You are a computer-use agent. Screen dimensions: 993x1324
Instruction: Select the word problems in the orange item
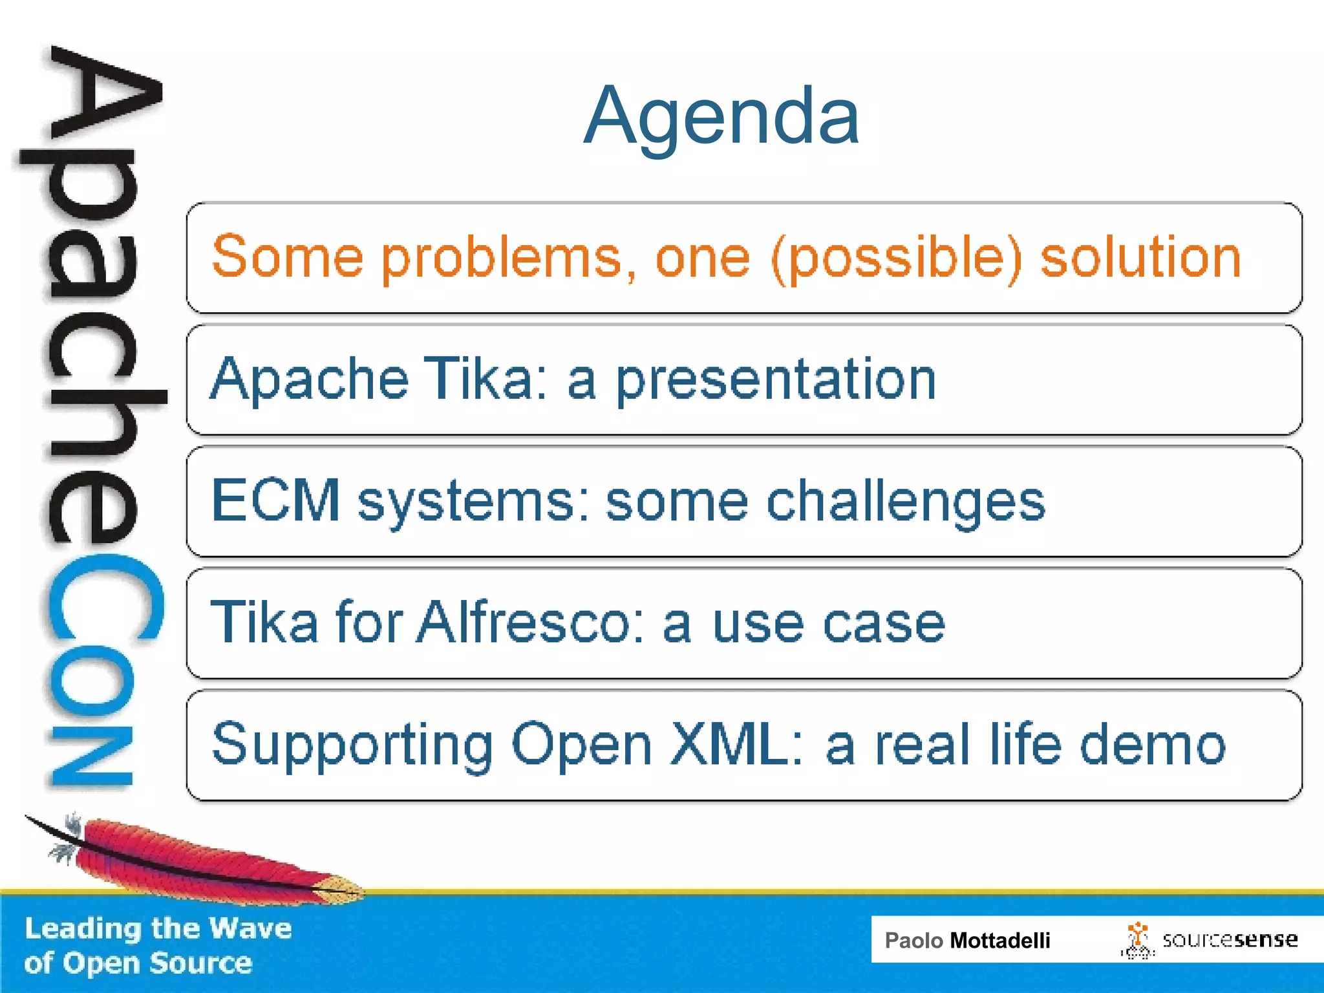click(x=500, y=258)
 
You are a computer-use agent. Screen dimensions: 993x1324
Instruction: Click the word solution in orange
click(x=1140, y=257)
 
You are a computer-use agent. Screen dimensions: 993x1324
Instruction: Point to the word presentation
click(x=775, y=379)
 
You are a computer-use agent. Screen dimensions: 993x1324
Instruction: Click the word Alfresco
click(x=530, y=622)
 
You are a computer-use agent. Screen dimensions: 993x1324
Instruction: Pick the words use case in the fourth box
click(x=828, y=623)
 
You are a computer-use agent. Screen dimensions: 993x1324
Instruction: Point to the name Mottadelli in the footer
click(x=999, y=940)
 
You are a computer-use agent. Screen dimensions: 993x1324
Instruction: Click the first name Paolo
click(x=913, y=940)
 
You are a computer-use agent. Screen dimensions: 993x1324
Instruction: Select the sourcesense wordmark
click(x=1230, y=939)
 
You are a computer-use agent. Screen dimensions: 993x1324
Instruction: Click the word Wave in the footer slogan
click(x=251, y=928)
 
